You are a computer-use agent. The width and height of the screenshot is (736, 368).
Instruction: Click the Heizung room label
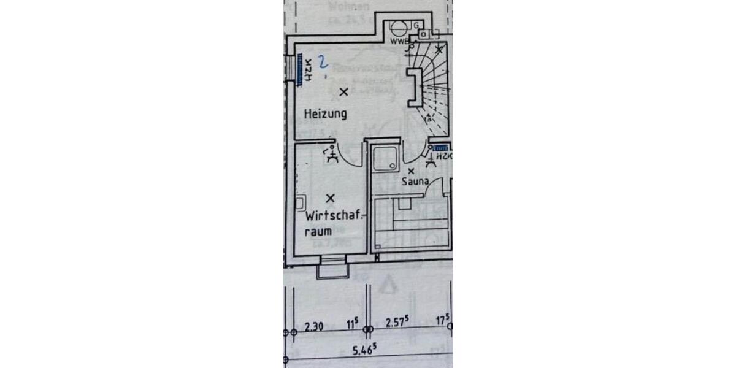click(x=326, y=113)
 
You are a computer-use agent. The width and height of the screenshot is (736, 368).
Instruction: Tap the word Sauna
click(x=415, y=182)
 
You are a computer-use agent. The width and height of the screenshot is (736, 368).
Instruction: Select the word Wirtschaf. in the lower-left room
click(x=335, y=217)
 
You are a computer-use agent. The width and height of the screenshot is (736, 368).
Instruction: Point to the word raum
click(x=318, y=232)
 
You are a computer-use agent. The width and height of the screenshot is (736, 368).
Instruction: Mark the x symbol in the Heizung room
click(x=343, y=92)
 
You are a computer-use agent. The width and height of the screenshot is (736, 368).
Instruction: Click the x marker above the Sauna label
click(x=411, y=171)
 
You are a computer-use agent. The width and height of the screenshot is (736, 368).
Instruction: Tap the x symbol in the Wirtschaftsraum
click(x=331, y=198)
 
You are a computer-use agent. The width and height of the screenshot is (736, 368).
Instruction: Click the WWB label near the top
click(x=398, y=42)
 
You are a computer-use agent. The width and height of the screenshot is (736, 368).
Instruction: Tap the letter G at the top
click(x=416, y=25)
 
